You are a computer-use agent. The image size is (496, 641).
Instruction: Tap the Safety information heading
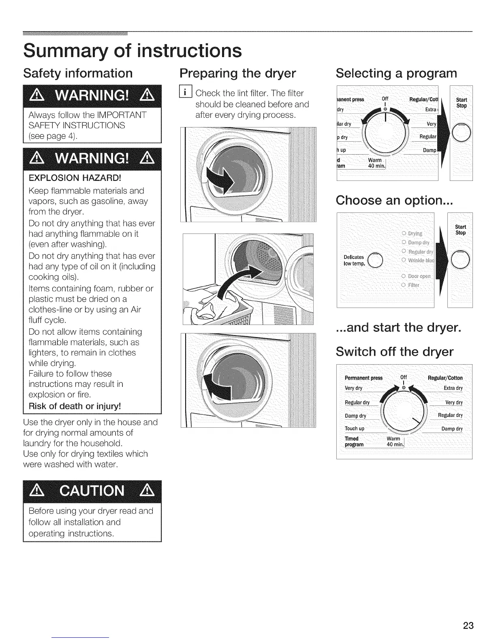tap(78, 73)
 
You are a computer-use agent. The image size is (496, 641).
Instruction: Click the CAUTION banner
tap(92, 490)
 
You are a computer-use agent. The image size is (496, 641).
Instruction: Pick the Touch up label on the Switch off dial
tap(355, 429)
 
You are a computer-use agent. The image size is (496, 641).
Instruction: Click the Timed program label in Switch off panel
tap(354, 441)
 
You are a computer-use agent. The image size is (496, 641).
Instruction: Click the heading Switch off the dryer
tap(394, 352)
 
